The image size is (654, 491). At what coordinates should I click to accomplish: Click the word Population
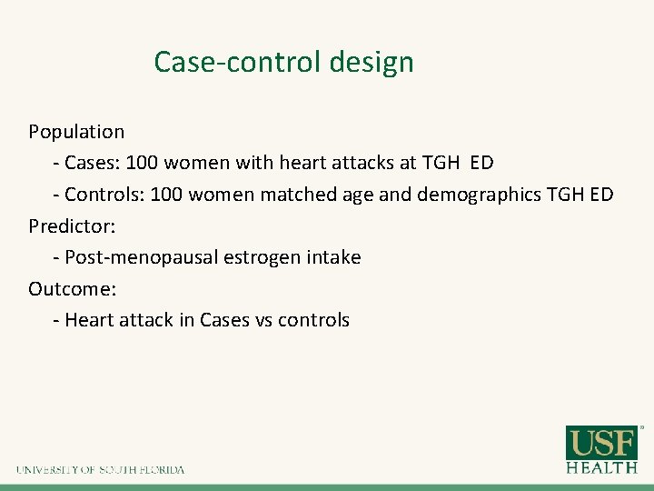[x=76, y=132]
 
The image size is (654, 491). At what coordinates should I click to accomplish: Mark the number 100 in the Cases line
[x=142, y=163]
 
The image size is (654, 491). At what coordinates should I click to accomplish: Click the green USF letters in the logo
[x=602, y=444]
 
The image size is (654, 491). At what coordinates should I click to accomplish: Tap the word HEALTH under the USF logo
[x=602, y=467]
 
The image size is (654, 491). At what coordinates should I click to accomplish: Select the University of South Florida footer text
[x=100, y=470]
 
